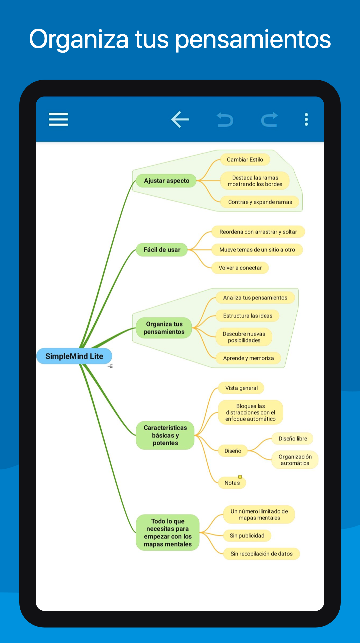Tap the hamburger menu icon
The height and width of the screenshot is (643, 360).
click(x=58, y=119)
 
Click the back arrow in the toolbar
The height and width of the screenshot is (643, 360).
click(x=180, y=119)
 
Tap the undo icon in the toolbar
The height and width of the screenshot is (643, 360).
click(x=225, y=120)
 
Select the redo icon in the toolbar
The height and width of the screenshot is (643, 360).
click(x=269, y=120)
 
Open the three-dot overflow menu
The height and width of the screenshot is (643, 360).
click(x=306, y=119)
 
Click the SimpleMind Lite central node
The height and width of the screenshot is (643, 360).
click(x=74, y=356)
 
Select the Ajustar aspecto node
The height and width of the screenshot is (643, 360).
click(x=166, y=181)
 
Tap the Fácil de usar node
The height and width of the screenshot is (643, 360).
click(x=162, y=250)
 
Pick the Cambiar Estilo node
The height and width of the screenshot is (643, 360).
click(x=245, y=160)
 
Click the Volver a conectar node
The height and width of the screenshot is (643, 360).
click(x=240, y=268)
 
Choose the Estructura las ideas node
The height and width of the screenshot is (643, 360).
click(x=248, y=316)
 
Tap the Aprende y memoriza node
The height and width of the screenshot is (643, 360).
click(x=248, y=358)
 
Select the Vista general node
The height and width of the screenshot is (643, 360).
click(x=241, y=388)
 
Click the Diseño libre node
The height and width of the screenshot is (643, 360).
click(x=293, y=438)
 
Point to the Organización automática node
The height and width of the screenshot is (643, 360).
click(x=295, y=460)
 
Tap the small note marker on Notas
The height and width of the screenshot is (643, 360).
click(x=240, y=477)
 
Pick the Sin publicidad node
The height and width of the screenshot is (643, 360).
click(x=247, y=535)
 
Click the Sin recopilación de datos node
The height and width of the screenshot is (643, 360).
click(x=262, y=553)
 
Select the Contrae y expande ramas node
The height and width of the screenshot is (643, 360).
click(x=260, y=202)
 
